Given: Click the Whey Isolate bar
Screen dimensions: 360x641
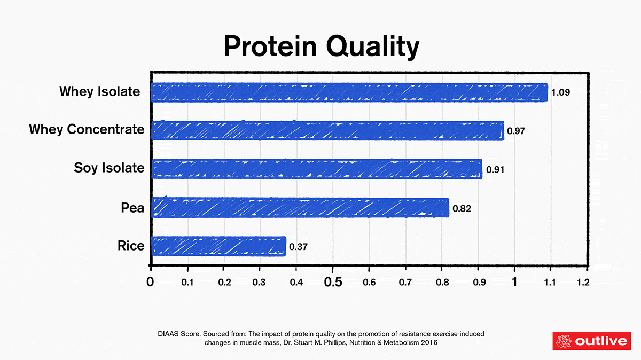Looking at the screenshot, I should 350,92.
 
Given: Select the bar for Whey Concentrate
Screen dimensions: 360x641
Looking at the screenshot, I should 327,130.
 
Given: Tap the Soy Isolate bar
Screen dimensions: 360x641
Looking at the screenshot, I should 317,169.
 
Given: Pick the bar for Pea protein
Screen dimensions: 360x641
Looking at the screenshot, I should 300,207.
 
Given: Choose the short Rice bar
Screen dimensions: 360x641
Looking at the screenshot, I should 218,246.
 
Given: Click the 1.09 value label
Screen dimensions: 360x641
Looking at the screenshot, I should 561,92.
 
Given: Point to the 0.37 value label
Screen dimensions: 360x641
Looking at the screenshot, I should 298,247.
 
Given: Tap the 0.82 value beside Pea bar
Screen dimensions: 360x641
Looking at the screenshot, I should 462,208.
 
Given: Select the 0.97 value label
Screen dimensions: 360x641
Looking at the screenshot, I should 516,131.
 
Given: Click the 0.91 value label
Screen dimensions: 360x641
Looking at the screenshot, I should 495,170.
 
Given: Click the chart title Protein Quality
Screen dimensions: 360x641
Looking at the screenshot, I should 321,46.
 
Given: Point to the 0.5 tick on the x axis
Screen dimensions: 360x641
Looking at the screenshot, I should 333,281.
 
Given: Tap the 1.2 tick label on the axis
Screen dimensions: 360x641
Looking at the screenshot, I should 583,282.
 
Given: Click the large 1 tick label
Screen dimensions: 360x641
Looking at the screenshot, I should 514,281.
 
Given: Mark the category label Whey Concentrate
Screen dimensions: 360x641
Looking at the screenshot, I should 87,130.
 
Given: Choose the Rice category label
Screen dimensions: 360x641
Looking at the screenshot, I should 131,246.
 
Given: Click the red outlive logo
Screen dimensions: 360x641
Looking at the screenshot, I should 591,341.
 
